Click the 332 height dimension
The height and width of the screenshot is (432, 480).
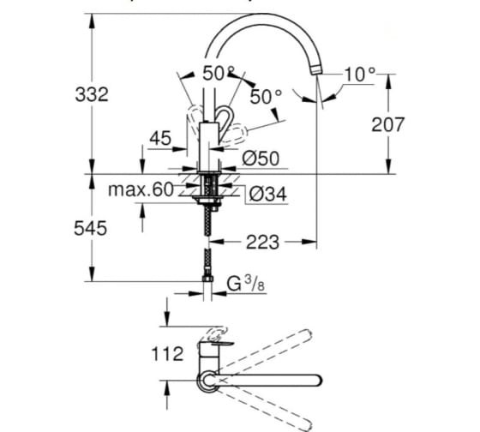point(92,94)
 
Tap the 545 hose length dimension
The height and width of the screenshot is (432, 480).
point(91,228)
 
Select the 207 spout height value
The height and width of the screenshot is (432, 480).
point(387,124)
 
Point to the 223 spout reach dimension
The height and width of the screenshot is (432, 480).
point(262,243)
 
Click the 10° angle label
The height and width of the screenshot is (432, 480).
point(360,75)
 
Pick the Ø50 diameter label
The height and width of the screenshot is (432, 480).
point(261,159)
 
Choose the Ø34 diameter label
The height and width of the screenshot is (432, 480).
point(268,194)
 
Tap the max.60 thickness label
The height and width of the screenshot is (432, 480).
point(141,189)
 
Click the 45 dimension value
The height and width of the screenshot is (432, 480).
point(160,138)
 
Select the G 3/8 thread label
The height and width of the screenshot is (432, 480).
point(246,283)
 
